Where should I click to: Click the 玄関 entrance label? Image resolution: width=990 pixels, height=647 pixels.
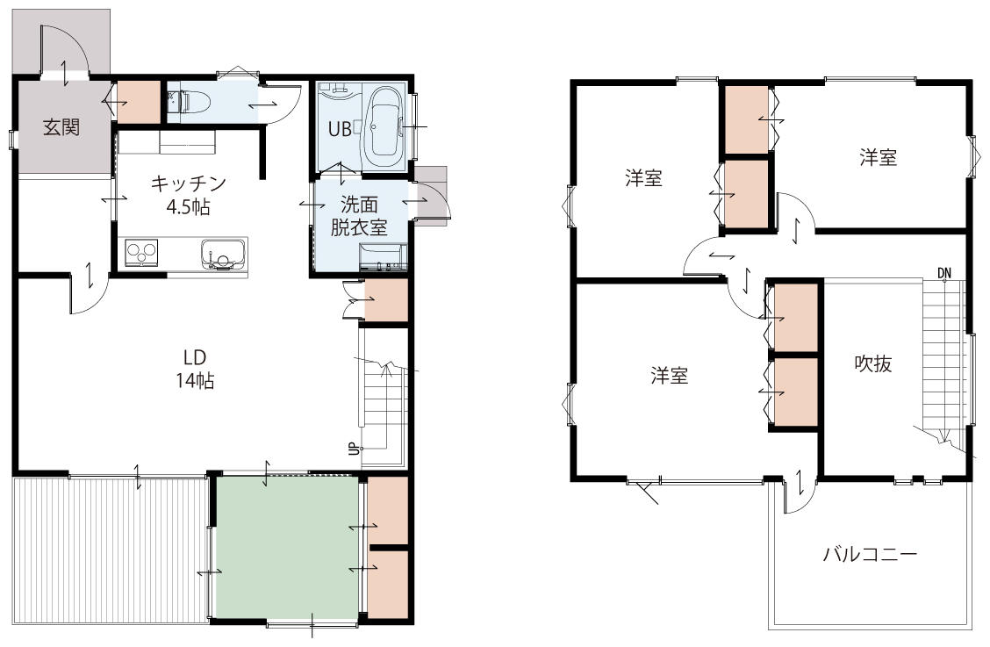[x=61, y=127]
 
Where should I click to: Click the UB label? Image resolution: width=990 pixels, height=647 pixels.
[x=340, y=130]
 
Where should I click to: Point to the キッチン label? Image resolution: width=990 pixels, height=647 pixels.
[x=188, y=183]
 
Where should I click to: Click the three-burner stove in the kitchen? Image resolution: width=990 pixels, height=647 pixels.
[x=142, y=254]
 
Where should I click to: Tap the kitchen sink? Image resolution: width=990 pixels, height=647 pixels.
[x=224, y=254]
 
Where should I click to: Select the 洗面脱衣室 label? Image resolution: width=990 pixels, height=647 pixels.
[x=359, y=215]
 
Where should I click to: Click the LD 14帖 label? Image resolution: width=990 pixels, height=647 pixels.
[x=195, y=369]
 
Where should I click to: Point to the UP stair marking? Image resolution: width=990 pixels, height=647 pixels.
[x=355, y=449]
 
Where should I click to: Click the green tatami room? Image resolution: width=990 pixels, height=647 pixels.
[x=287, y=547]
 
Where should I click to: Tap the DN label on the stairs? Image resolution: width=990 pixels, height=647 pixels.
[x=943, y=273]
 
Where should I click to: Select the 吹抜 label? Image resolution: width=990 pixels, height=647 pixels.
[x=873, y=363]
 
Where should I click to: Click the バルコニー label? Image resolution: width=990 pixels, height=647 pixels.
[x=870, y=555]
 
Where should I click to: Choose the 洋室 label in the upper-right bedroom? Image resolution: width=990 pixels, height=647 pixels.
[x=879, y=157]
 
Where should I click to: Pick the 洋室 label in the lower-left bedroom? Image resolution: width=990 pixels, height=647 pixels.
[x=670, y=376]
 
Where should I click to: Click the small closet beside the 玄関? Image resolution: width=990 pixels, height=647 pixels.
[x=139, y=103]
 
